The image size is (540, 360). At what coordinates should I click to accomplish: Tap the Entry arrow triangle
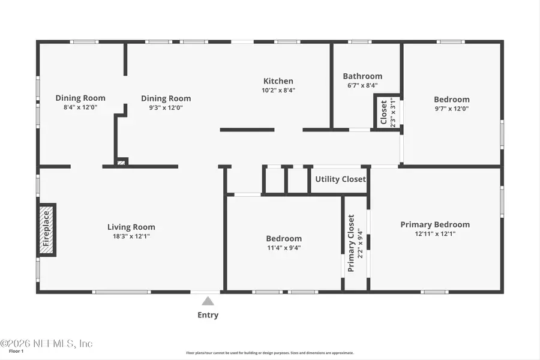(x=208, y=301)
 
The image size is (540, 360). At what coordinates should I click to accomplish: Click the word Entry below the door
(x=208, y=315)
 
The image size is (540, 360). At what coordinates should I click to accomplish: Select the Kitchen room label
(x=278, y=81)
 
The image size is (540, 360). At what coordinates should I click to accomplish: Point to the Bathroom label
(x=362, y=76)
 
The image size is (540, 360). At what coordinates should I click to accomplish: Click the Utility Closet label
(x=340, y=179)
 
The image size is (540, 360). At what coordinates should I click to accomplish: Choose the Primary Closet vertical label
(x=352, y=243)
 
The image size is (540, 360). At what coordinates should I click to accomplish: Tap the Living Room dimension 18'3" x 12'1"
(x=131, y=236)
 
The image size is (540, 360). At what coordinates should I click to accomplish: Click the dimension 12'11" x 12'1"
(x=435, y=234)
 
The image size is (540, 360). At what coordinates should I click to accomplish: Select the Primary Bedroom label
(x=435, y=224)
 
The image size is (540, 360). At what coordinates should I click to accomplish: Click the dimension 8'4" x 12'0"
(x=80, y=107)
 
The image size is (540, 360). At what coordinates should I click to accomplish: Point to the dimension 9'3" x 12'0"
(x=166, y=108)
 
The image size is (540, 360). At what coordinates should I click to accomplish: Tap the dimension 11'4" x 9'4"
(x=284, y=247)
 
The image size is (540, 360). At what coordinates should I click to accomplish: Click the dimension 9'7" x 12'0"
(x=452, y=109)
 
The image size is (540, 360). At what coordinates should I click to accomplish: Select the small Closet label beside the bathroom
(x=383, y=111)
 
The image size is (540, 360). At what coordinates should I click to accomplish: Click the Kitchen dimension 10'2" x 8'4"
(x=278, y=91)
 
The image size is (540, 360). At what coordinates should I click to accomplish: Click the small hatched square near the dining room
(x=121, y=161)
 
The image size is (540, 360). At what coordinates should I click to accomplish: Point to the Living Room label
(x=131, y=227)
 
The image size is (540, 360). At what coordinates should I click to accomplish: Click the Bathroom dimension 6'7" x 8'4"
(x=362, y=86)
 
